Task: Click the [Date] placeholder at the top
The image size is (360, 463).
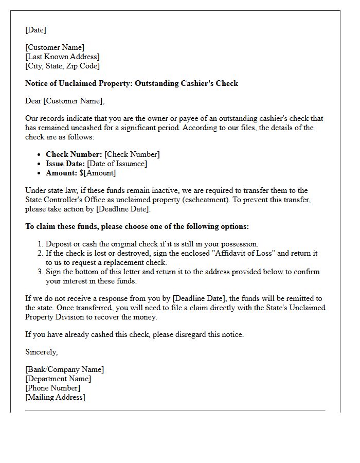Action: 35,30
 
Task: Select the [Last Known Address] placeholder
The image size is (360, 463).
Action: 62,57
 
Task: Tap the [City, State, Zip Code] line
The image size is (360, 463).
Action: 62,66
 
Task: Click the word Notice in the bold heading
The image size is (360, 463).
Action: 37,83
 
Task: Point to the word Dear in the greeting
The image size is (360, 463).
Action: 33,101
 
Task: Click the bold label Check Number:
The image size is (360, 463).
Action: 74,154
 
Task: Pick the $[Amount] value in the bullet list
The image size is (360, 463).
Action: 98,173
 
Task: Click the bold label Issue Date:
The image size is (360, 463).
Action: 65,164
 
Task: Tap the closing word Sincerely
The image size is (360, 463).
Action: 41,352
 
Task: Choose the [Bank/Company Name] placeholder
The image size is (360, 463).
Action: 64,369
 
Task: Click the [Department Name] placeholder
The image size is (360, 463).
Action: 58,379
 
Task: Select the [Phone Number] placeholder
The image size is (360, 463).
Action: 52,388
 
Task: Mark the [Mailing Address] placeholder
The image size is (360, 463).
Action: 55,397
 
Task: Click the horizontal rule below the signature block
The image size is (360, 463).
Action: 175,411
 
